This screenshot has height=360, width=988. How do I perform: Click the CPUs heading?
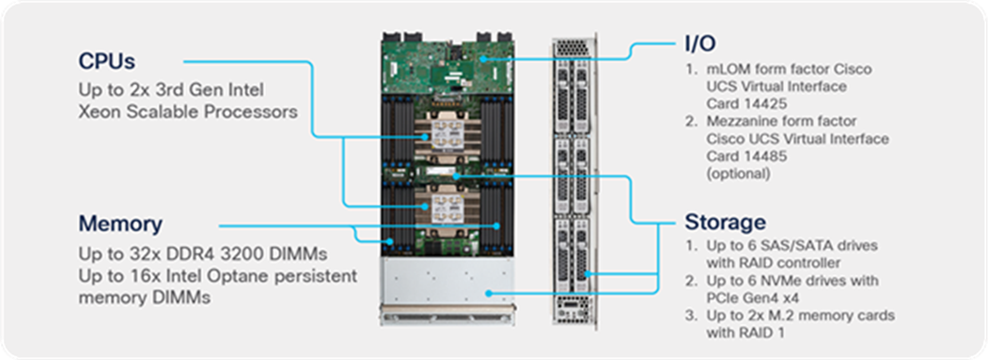pos(107,62)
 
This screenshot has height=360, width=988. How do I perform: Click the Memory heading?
pos(120,225)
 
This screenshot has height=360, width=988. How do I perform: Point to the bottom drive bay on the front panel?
pos(574,252)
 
